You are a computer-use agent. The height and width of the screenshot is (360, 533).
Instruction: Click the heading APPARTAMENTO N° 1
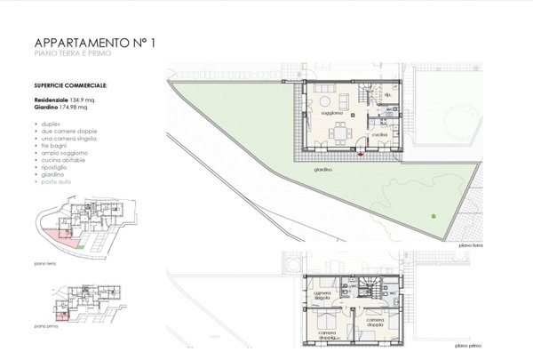point(90,44)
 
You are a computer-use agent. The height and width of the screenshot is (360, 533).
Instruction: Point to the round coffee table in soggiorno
point(331,100)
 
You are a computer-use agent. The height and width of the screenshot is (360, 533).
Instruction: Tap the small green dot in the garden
point(433,217)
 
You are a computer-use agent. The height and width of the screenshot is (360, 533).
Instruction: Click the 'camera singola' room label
point(322,296)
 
